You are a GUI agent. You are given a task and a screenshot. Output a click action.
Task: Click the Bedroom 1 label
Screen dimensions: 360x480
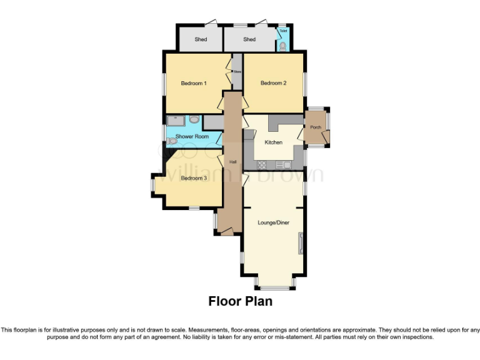194,83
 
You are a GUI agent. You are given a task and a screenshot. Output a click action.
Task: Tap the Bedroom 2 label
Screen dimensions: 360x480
273,83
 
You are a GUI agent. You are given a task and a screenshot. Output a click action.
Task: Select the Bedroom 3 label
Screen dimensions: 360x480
194,178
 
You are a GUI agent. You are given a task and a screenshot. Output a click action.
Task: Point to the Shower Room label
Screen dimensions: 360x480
192,136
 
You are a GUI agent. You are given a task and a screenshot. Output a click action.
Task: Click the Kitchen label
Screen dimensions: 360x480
273,142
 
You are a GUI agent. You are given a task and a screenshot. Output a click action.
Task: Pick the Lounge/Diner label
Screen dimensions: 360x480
273,222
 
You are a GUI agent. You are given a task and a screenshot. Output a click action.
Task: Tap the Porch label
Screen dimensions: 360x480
315,127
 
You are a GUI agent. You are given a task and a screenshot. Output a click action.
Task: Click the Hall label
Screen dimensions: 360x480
232,162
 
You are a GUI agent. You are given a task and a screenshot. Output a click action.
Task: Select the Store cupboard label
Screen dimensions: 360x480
237,72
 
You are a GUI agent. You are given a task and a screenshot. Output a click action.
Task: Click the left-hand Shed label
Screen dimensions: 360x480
201,39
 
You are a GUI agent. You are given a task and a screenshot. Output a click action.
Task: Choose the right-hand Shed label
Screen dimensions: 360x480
249,39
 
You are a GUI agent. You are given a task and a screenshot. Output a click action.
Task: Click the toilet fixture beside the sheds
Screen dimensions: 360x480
283,46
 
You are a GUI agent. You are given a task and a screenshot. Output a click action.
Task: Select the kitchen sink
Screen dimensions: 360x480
286,165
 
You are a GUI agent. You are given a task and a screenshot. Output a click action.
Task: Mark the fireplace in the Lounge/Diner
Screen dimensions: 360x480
301,242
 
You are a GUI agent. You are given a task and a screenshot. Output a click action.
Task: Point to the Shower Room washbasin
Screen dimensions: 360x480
194,119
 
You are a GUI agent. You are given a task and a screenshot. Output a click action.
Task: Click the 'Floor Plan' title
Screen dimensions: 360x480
240,301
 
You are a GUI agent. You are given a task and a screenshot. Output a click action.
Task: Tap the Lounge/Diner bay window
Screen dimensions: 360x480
275,287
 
